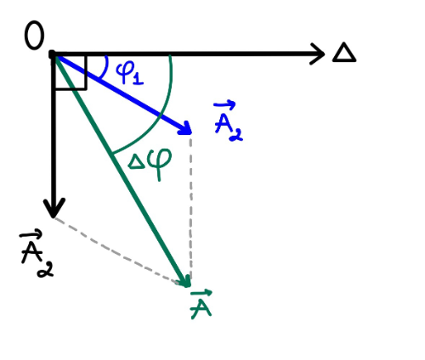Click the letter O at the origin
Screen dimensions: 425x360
click(35, 35)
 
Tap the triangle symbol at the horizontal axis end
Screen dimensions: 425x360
click(344, 53)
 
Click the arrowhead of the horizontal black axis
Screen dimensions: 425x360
click(317, 53)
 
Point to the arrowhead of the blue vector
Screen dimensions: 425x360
click(185, 128)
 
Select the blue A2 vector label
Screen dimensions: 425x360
click(228, 121)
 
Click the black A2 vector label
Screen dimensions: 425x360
click(37, 254)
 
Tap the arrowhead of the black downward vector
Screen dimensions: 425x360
click(54, 208)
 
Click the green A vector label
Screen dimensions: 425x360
click(201, 304)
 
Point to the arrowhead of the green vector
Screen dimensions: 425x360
click(184, 281)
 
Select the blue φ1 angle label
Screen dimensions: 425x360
click(129, 73)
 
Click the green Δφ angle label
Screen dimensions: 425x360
click(150, 164)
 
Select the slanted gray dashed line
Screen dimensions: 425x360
click(119, 251)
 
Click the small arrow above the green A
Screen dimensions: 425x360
click(201, 293)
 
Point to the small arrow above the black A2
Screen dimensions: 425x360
click(31, 234)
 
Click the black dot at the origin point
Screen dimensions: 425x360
click(53, 54)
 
